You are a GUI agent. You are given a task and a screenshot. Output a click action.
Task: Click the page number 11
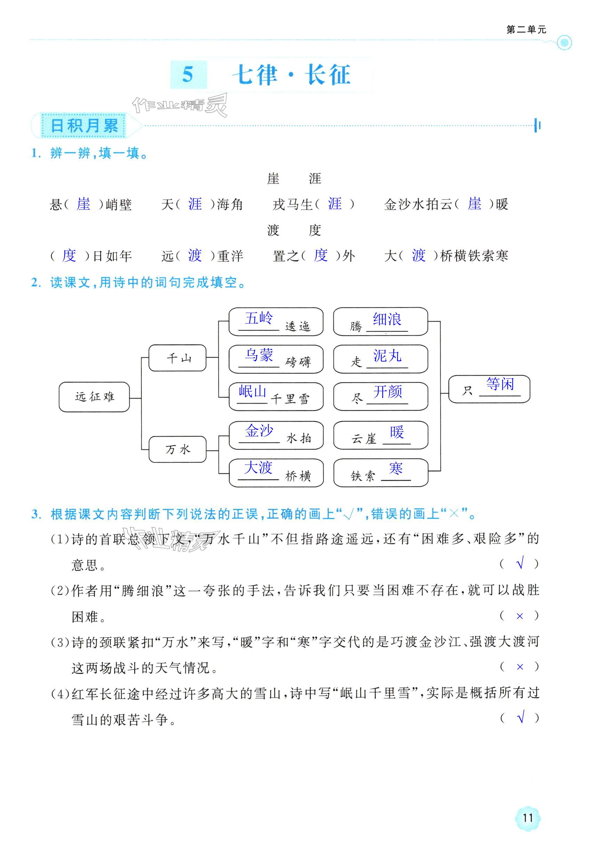coord(528,818)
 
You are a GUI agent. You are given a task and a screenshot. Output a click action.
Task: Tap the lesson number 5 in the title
coord(188,75)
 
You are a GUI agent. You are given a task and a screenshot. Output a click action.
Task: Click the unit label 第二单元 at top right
coord(526,30)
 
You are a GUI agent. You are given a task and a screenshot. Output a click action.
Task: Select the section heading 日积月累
coord(84,126)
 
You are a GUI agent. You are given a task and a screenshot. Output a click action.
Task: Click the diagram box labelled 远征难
coord(95,397)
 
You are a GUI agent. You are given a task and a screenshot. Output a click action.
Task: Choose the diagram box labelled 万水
coord(178,449)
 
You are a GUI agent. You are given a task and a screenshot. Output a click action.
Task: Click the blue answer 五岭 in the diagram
coord(259,318)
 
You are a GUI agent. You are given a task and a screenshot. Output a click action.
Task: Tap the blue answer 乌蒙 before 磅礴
coord(259,355)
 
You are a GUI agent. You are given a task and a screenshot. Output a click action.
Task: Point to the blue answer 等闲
coord(500,384)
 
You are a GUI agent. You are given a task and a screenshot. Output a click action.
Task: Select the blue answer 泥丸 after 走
coord(387,356)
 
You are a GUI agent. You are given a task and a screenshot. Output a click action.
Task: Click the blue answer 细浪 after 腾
coord(387,319)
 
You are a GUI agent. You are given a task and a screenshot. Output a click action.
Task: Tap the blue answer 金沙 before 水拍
coord(259,431)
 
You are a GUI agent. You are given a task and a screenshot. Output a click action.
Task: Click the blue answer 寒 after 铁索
coord(396,469)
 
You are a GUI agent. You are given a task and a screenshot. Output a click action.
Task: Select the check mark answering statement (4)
coord(521,718)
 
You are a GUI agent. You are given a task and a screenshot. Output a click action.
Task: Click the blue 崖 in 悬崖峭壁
coord(83,204)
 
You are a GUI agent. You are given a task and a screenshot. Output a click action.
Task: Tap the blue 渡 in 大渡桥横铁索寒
coord(419,255)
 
